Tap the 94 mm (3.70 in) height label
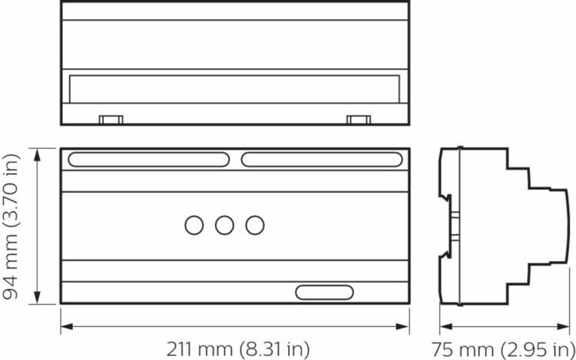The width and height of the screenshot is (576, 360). click(x=11, y=226)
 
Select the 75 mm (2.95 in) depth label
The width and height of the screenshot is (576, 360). click(x=503, y=349)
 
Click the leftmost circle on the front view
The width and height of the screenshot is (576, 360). click(x=194, y=225)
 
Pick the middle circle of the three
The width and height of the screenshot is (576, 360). click(x=224, y=225)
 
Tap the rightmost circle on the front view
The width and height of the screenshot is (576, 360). click(x=255, y=225)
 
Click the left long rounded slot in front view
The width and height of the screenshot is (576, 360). click(x=149, y=160)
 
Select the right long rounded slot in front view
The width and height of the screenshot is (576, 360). click(x=322, y=160)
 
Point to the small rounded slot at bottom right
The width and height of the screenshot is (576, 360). click(x=324, y=292)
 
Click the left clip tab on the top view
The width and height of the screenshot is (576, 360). click(x=111, y=120)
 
